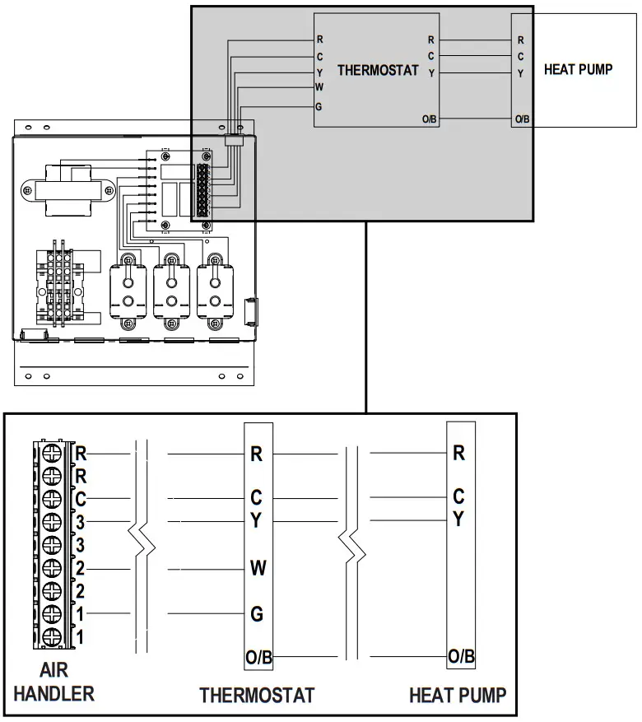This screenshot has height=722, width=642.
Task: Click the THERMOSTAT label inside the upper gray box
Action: (378, 71)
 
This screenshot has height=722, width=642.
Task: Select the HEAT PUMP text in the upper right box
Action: (578, 70)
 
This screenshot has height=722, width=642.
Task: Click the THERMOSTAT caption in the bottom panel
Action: (257, 696)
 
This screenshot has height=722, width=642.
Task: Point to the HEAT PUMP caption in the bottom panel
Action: (458, 696)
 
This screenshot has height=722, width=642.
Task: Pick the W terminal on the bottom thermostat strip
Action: (257, 567)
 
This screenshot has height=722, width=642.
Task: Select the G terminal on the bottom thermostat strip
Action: (257, 613)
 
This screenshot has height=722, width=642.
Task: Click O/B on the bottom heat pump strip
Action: (460, 656)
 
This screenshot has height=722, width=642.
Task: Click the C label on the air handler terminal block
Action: (81, 499)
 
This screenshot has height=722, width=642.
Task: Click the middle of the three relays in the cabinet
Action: (172, 288)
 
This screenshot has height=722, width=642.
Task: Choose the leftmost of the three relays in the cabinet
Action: (128, 288)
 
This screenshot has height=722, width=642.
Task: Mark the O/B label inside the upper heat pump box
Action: (522, 120)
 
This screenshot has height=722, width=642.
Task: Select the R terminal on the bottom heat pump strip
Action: (459, 453)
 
